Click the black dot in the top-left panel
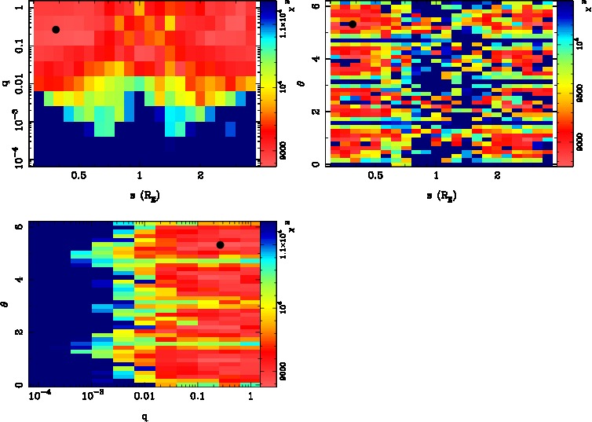tap(56, 29)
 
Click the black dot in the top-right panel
tap(353, 24)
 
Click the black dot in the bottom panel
tap(221, 245)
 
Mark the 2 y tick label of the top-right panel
tap(318, 112)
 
